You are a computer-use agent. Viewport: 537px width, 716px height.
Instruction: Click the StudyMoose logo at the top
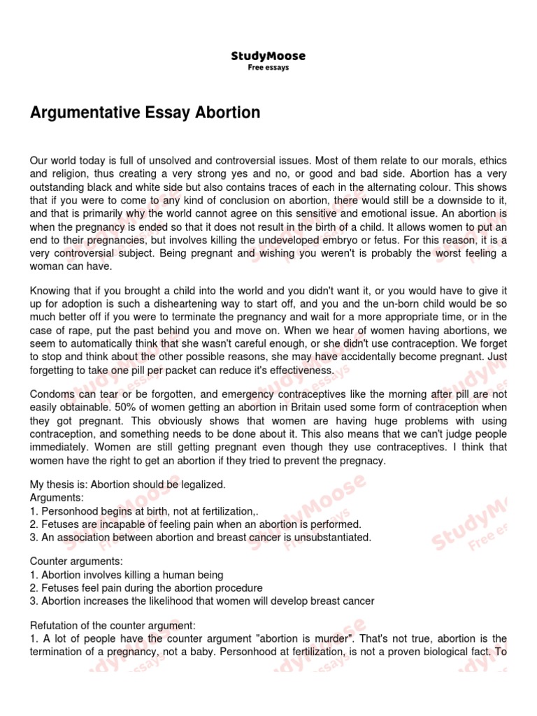pyautogui.click(x=268, y=56)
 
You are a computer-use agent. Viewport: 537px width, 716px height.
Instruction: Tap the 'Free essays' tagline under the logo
pyautogui.click(x=268, y=68)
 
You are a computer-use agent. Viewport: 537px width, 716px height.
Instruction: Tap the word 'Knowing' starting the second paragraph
pyautogui.click(x=50, y=291)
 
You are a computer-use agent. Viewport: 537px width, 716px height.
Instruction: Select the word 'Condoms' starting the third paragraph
pyautogui.click(x=50, y=394)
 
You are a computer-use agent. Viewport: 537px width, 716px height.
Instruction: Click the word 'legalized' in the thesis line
pyautogui.click(x=203, y=484)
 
